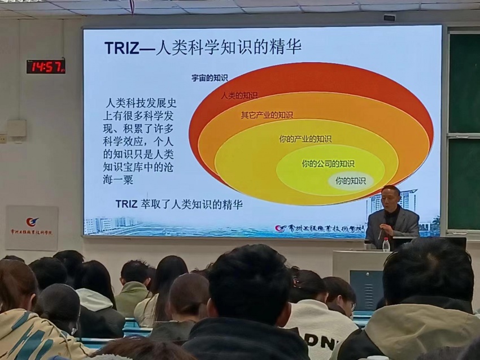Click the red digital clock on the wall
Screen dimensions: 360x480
[x=46, y=66]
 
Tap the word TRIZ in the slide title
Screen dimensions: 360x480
[x=121, y=48]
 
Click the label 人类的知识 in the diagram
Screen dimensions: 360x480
[x=240, y=96]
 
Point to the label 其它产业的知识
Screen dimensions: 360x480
[x=267, y=115]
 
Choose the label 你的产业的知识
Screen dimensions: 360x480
[x=305, y=138]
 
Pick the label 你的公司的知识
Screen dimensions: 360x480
[x=328, y=164]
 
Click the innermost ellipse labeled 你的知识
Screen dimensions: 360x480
[x=351, y=181]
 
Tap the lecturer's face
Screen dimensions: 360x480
[x=390, y=197]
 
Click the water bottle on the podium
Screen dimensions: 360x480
[x=386, y=244]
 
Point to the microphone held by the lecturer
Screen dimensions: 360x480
[x=379, y=232]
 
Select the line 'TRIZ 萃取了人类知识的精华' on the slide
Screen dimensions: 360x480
[x=178, y=204]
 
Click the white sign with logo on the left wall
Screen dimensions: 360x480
[x=32, y=228]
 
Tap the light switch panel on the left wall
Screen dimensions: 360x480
[x=16, y=129]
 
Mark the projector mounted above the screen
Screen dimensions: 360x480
[x=389, y=18]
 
